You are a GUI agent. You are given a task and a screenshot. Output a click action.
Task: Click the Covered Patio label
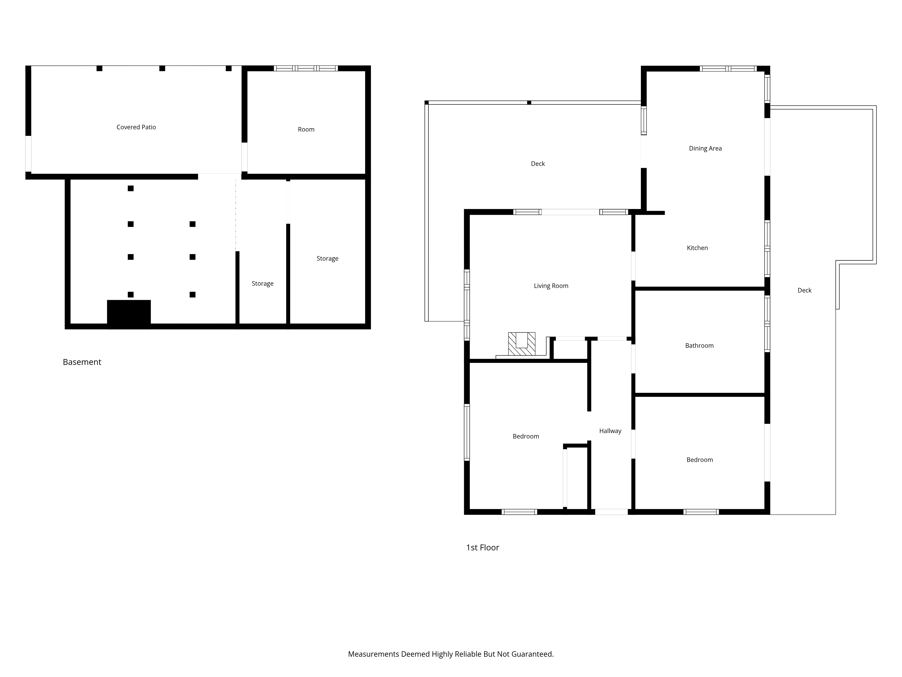[x=136, y=127]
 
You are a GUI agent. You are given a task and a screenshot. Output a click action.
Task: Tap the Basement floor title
[x=82, y=362]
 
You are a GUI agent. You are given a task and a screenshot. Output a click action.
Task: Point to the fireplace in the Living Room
[x=522, y=344]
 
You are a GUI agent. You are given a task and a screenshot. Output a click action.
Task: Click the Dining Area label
[x=705, y=148]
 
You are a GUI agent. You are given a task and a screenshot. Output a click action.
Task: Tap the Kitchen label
[x=697, y=248]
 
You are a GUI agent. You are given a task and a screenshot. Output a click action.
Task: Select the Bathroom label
[x=699, y=346]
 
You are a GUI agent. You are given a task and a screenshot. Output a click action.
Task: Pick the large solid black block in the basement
[x=129, y=314]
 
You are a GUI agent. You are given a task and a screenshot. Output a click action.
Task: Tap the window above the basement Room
[x=306, y=68]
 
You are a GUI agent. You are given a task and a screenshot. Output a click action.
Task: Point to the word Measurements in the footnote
[x=373, y=654]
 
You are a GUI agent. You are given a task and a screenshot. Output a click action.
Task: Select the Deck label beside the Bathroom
[x=805, y=291]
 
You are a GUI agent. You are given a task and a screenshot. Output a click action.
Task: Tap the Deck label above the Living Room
[x=538, y=164]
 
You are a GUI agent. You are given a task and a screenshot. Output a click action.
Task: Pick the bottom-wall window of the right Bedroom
[x=701, y=512]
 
